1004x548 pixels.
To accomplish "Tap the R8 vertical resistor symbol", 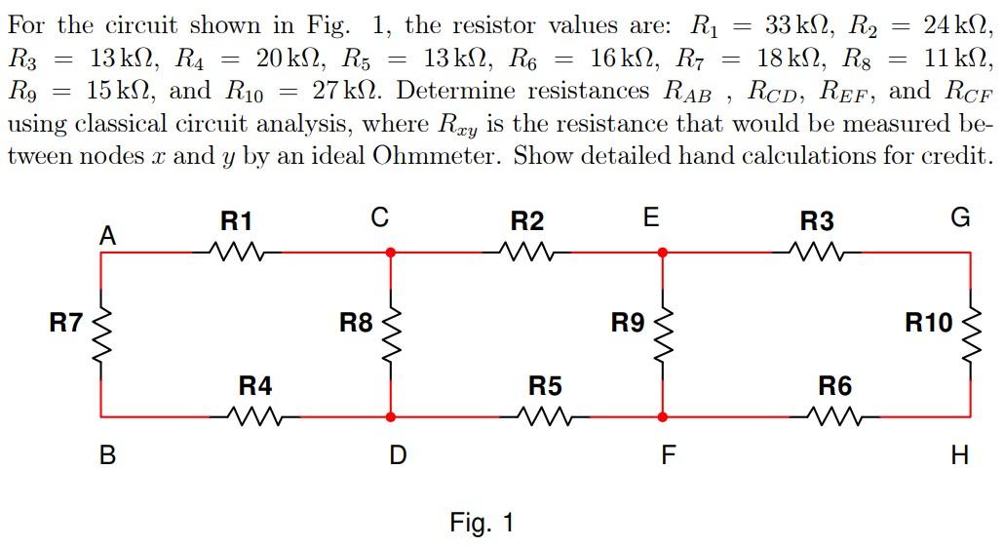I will tap(391, 324).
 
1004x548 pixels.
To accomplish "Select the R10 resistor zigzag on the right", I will tap(970, 324).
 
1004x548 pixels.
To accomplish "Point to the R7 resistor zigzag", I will tap(101, 324).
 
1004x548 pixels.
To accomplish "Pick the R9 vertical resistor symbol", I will tap(663, 324).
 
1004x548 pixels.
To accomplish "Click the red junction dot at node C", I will tap(391, 252).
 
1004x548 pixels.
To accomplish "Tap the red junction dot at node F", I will tap(663, 416).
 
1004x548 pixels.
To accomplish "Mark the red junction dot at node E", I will tap(663, 252).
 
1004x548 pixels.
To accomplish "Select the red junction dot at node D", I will tap(391, 416).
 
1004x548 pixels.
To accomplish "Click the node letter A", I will tap(108, 235).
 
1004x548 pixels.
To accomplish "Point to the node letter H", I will tap(960, 454).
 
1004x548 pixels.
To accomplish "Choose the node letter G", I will tap(960, 218).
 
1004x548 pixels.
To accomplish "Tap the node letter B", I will tap(108, 454).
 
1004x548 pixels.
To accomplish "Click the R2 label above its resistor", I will tap(526, 221).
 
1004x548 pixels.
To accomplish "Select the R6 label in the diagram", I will tap(834, 386).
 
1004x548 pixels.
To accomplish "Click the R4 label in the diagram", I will tap(255, 386).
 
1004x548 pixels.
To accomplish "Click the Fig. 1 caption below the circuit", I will tap(482, 523).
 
